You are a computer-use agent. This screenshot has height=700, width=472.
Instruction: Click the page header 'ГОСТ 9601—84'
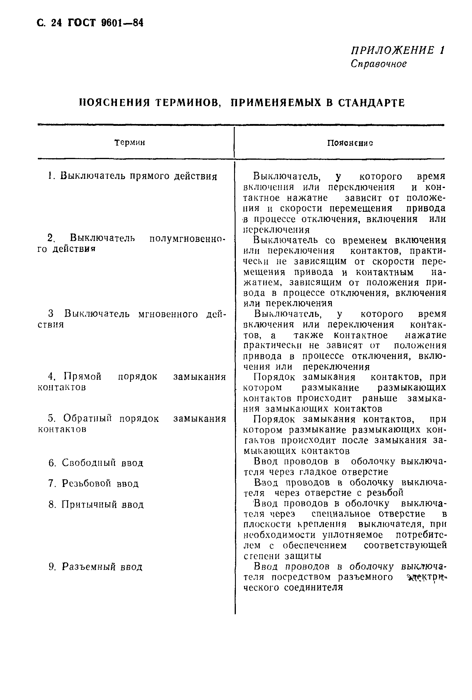[x=105, y=23]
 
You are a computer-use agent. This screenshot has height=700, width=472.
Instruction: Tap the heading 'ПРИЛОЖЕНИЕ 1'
[x=397, y=50]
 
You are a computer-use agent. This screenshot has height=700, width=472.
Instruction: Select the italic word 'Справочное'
[x=379, y=64]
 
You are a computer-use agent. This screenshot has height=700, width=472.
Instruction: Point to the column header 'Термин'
[x=130, y=143]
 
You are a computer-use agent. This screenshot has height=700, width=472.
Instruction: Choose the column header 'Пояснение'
[x=350, y=143]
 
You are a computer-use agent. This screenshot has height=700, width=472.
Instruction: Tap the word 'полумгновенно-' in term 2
[x=187, y=238]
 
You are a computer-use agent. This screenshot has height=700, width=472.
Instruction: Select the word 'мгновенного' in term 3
[x=168, y=314]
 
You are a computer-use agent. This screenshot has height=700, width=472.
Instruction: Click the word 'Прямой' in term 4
[x=82, y=377]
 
